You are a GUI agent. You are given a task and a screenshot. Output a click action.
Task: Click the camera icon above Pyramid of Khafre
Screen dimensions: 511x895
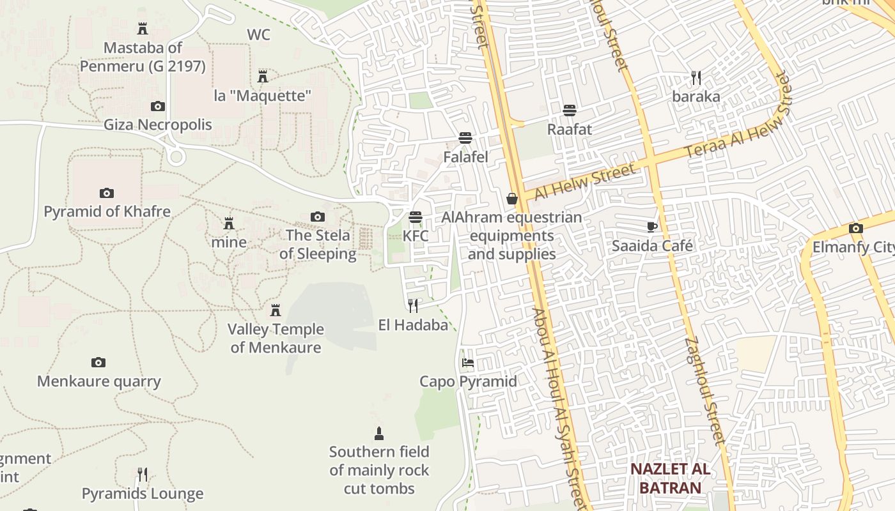tap(107, 193)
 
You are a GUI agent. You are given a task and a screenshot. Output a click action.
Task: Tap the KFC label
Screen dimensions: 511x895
tap(416, 236)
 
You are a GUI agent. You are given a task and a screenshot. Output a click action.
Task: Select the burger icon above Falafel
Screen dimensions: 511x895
tap(465, 138)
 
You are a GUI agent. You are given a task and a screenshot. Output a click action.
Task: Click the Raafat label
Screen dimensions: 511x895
tap(570, 129)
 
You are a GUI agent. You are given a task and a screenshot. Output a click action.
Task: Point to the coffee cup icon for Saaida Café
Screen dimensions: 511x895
tap(651, 227)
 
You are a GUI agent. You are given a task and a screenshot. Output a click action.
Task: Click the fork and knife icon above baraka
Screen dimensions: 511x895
tap(696, 78)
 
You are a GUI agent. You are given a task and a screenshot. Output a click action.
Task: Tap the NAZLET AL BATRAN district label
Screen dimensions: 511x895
tap(670, 478)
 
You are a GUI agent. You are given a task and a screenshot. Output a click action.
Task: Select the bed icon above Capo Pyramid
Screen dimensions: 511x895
tap(468, 363)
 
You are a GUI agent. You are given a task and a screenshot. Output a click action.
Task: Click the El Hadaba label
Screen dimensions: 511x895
tap(413, 325)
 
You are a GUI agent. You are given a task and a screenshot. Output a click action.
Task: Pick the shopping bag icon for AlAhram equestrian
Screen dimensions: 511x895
tap(511, 199)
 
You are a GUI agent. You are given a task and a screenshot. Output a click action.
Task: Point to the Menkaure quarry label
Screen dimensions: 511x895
tap(98, 381)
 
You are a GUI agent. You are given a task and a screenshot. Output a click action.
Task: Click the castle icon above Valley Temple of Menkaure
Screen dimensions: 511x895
tap(276, 310)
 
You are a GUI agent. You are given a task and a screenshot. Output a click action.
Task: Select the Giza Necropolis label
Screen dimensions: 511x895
tap(157, 125)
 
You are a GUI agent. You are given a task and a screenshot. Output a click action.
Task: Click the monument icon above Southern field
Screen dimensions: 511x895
tap(379, 434)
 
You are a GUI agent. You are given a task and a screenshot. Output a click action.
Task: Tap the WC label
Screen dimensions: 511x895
tap(258, 34)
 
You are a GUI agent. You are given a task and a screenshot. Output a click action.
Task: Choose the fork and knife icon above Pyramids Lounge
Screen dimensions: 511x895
tap(143, 475)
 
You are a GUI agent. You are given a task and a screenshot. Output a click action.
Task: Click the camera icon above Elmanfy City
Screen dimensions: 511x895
tap(856, 228)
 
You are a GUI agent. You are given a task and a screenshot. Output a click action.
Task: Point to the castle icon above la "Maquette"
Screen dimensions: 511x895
tap(262, 77)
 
